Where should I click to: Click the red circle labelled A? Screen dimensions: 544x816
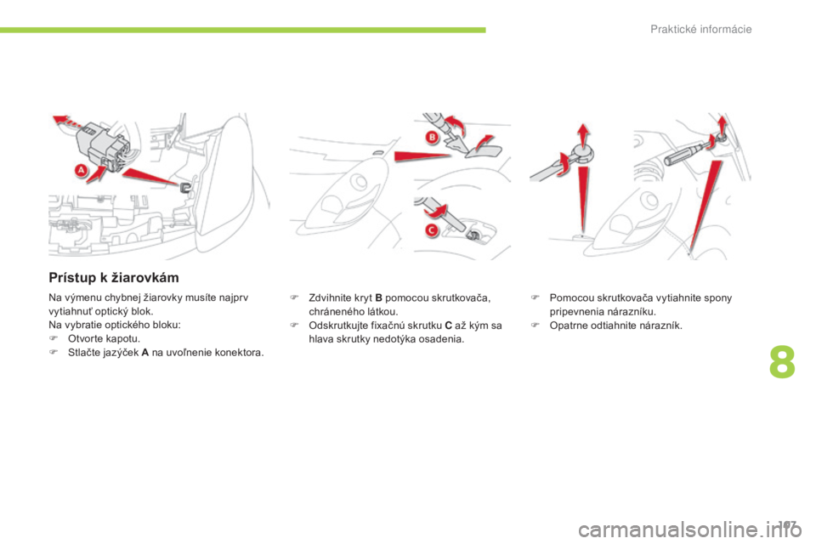(83, 171)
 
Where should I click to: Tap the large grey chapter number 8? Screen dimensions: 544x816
(781, 361)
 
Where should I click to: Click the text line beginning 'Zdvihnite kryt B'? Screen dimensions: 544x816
(404, 297)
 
